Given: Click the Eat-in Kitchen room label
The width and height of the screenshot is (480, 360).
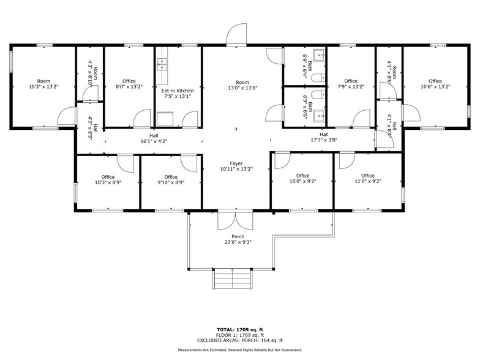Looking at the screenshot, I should (178, 91).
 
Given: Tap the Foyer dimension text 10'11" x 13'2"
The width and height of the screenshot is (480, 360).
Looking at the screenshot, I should (236, 169).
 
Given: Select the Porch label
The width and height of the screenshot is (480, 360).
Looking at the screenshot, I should (238, 237).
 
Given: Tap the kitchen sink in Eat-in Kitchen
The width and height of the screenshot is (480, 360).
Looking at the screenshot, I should (163, 62).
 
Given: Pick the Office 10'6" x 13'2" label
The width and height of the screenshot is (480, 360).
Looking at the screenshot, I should (435, 81).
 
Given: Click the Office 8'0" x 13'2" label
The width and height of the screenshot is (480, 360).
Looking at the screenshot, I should (129, 81).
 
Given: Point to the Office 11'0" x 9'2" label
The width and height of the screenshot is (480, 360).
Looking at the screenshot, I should (367, 176).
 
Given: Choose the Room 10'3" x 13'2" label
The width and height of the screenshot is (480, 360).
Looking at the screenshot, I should (43, 81).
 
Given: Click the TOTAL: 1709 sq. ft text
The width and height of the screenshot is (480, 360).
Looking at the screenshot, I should (239, 329).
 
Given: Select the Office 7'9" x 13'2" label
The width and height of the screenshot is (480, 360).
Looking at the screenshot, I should (350, 81).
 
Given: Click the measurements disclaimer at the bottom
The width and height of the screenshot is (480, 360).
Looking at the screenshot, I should (239, 350).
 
